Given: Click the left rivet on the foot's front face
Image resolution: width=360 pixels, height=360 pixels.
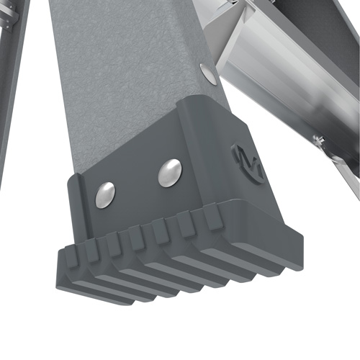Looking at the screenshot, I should [x=105, y=194].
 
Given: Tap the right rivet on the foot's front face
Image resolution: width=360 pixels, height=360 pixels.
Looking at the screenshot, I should [x=170, y=173].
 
